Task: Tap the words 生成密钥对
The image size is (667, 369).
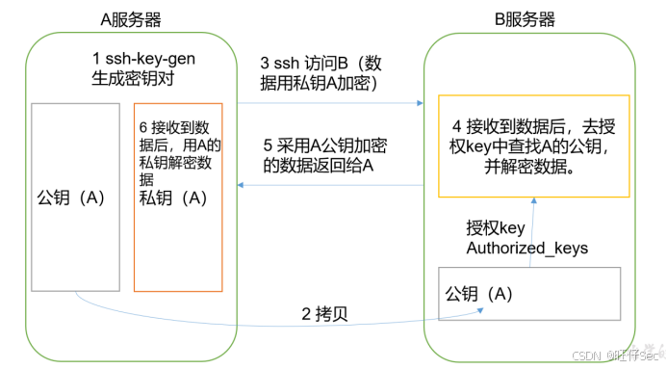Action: click(x=127, y=78)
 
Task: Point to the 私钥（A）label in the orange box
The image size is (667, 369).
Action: click(x=173, y=198)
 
